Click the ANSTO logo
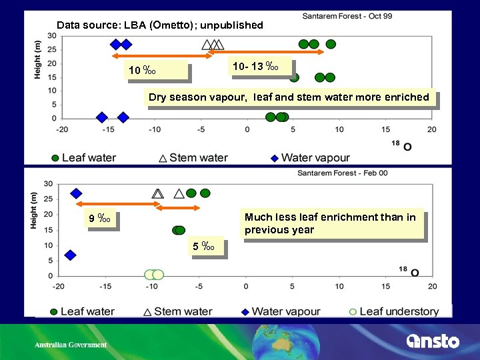point(433,341)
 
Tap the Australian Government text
point(71,345)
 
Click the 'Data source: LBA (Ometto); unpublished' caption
point(160,25)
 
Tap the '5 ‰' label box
point(203,247)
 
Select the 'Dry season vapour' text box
point(289,97)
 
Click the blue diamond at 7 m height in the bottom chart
point(70,255)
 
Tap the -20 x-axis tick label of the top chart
point(62,129)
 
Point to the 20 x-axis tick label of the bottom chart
point(432,287)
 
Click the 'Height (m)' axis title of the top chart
point(38,59)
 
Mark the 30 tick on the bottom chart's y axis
point(48,184)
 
